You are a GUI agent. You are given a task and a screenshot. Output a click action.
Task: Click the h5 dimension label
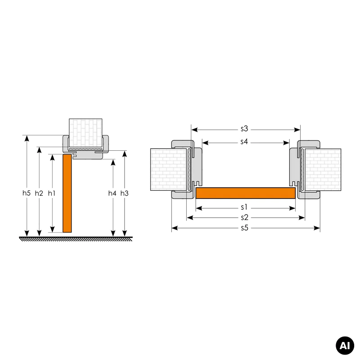[27, 193]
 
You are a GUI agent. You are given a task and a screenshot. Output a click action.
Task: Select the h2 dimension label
[39, 193]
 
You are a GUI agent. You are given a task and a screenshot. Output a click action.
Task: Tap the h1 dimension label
[52, 193]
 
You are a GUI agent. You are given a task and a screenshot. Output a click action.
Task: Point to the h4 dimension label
[112, 193]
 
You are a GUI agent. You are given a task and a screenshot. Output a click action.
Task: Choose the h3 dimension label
[125, 193]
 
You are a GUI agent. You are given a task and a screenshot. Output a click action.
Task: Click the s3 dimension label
[244, 129]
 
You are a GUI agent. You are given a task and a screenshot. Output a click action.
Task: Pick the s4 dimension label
[244, 142]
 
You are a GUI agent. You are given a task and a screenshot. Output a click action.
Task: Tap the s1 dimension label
[244, 207]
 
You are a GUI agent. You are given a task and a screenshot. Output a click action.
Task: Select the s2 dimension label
[244, 217]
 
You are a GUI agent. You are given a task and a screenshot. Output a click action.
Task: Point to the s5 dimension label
[245, 228]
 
